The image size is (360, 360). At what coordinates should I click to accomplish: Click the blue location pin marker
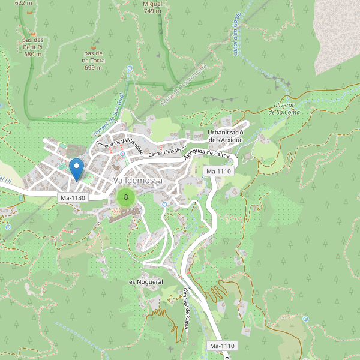coord(76,168)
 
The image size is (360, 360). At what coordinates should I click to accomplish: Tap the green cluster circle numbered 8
coord(125,197)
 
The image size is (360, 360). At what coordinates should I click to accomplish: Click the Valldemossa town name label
coord(138,181)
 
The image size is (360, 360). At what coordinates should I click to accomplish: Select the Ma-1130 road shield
coord(73,197)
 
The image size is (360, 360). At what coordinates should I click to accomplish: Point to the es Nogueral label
coord(146,281)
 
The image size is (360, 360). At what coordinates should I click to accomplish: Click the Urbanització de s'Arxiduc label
coord(225,136)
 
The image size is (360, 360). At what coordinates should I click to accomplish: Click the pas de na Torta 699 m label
coord(94,60)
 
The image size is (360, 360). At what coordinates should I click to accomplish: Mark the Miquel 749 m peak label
coord(152,7)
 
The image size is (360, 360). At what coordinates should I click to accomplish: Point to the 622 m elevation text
coord(23,3)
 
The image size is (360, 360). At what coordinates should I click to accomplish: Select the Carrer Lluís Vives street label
coord(166,147)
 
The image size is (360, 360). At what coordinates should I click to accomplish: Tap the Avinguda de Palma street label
coord(208,155)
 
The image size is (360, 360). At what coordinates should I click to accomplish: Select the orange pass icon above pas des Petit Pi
coord(33,32)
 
